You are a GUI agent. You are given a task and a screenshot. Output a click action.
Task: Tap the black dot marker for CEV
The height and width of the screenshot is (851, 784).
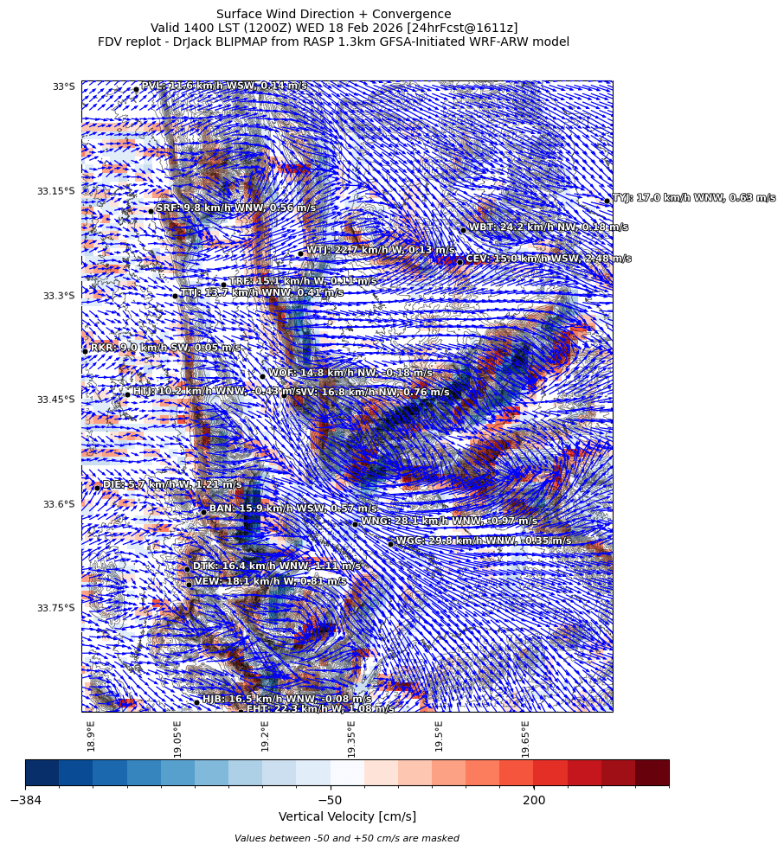[460, 262]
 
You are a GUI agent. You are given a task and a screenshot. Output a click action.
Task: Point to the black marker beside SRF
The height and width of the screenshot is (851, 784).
[151, 211]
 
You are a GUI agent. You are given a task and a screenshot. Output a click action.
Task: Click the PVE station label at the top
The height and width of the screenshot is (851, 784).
[223, 86]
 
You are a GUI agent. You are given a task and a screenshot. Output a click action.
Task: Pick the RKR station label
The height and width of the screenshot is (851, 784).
[165, 348]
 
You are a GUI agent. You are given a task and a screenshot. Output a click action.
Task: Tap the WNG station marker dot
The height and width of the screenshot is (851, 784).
[355, 524]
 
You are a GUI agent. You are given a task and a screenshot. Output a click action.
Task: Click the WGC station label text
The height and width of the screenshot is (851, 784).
[484, 541]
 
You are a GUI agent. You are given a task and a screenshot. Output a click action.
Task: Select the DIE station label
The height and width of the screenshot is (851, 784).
[172, 485]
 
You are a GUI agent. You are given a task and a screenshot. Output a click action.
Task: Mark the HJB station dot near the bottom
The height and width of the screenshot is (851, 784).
[196, 702]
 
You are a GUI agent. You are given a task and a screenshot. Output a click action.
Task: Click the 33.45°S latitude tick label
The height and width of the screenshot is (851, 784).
[56, 400]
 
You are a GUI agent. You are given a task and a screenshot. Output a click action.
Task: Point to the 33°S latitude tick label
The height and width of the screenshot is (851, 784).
[63, 86]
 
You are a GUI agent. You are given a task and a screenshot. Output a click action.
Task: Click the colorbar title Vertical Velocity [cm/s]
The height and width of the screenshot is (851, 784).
[347, 817]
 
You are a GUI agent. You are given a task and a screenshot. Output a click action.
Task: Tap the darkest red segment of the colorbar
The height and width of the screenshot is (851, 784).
[652, 772]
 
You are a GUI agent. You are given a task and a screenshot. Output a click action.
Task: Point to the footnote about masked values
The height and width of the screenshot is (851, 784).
[347, 838]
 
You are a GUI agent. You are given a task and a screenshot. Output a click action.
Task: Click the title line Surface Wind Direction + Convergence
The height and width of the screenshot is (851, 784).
[333, 14]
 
